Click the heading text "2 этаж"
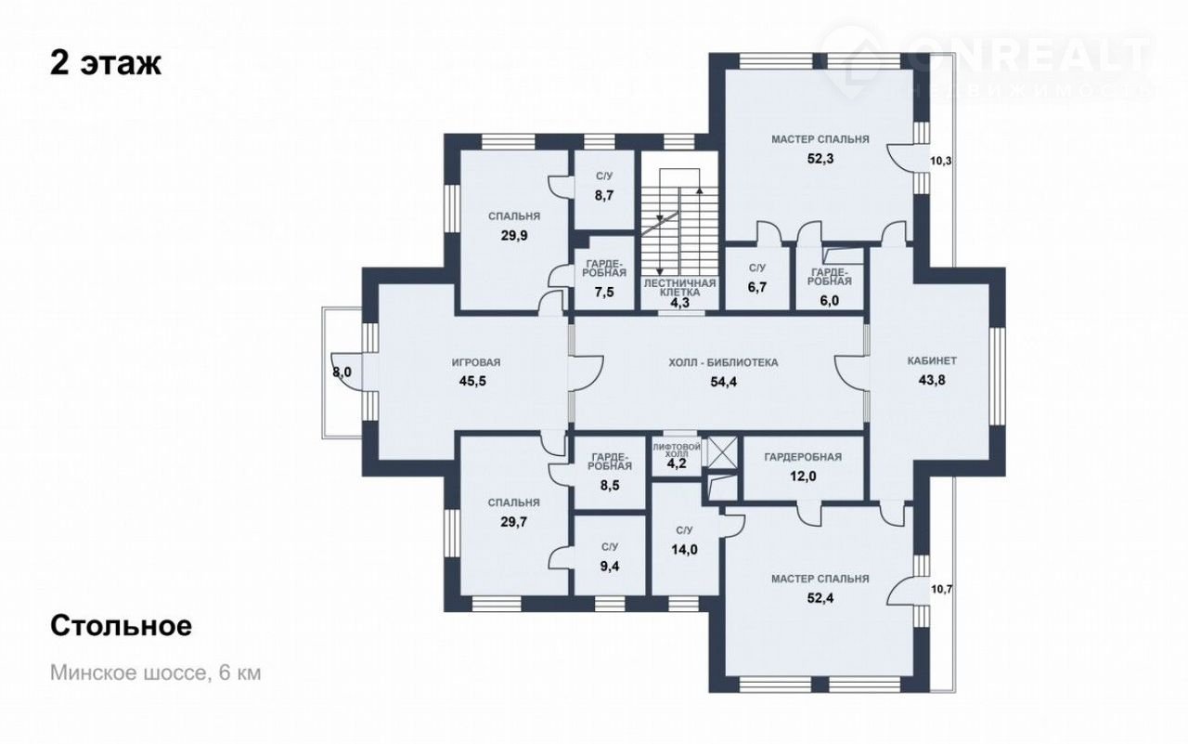(106, 64)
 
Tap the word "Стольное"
(121, 626)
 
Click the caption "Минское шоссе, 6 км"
(155, 672)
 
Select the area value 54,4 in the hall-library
(723, 382)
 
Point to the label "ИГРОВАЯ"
(476, 362)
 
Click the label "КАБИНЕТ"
(932, 361)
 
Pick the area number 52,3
(820, 159)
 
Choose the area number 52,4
(820, 598)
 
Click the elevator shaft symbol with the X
(723, 451)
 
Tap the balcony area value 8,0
(342, 372)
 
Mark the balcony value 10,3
(941, 161)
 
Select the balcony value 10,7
(941, 589)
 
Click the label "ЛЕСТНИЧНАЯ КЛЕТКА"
(680, 288)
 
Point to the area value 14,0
(684, 549)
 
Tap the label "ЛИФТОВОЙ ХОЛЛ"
(677, 450)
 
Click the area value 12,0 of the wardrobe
(803, 476)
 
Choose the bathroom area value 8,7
(603, 195)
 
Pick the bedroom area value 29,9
(514, 236)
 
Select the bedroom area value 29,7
(514, 522)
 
